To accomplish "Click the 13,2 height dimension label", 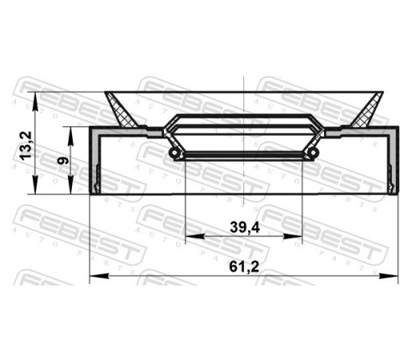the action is pos(26,146).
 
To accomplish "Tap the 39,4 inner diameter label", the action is pos(245,227).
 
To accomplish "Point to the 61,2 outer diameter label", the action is pos(244,266).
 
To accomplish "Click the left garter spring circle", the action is pos(174,153).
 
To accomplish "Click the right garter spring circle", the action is pos(314,153).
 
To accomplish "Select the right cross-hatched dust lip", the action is pos(367,110).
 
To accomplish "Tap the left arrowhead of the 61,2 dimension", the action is pos(99,275).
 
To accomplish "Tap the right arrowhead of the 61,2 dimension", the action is pos(388,276).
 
